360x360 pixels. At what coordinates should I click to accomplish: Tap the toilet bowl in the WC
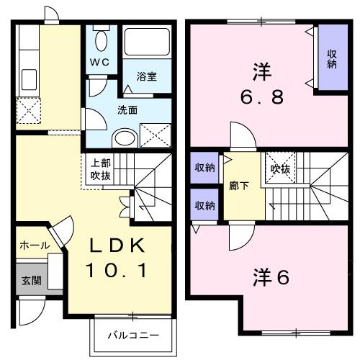coord(100,40)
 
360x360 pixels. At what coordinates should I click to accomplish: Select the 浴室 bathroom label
coord(146,76)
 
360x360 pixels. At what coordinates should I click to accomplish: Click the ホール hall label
coord(35,246)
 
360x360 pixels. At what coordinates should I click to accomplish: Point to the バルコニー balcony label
coord(132,335)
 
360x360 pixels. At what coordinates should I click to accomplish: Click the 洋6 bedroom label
coord(271,276)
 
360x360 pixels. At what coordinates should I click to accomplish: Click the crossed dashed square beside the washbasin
coord(153,135)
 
